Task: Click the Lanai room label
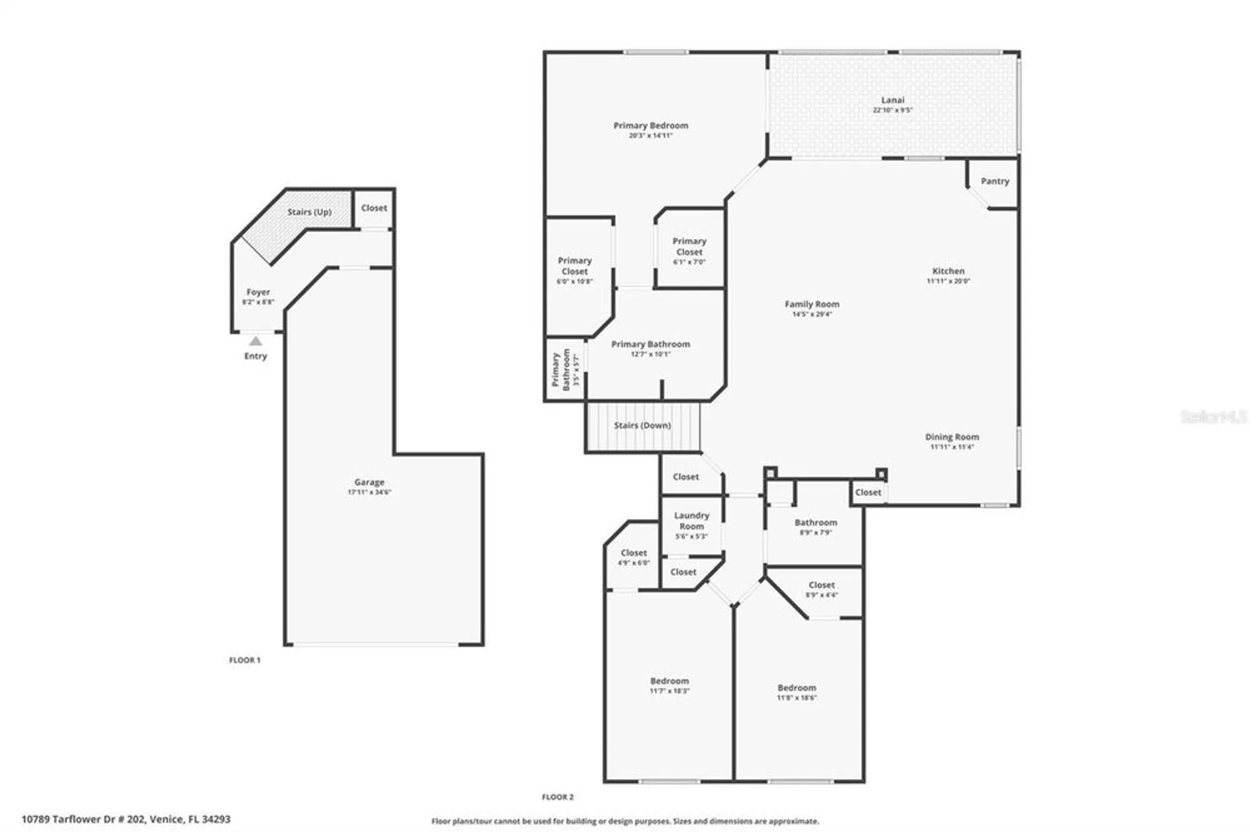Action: tap(892, 100)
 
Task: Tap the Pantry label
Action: tap(994, 181)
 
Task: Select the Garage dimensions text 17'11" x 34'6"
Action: tap(369, 492)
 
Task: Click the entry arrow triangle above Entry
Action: tap(256, 341)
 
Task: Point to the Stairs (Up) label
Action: tap(309, 212)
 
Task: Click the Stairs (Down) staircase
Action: tap(642, 425)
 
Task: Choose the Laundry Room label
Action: tap(691, 520)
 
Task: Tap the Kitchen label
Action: tap(948, 271)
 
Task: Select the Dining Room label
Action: tap(952, 437)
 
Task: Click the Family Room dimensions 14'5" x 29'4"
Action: tap(812, 314)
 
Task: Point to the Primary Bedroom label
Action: tap(651, 126)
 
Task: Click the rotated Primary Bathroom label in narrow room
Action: tap(561, 370)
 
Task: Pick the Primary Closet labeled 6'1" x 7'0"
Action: tap(689, 246)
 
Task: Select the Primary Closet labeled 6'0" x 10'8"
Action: tap(574, 266)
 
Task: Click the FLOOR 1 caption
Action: tap(244, 660)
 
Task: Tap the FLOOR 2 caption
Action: tap(557, 797)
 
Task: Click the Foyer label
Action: tap(258, 292)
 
